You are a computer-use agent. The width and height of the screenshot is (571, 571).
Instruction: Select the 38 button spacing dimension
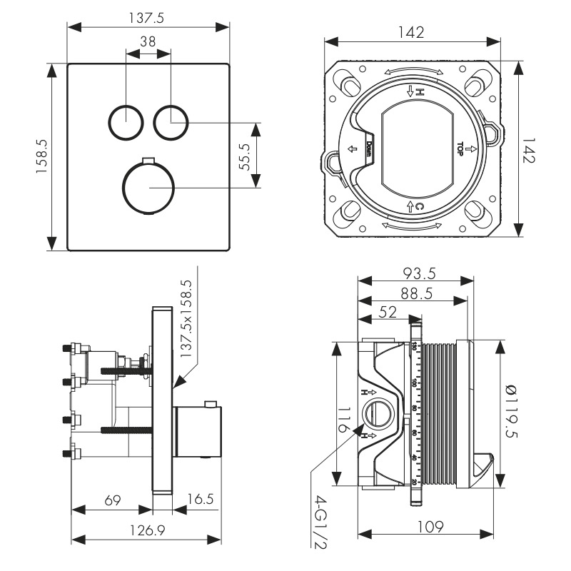148,42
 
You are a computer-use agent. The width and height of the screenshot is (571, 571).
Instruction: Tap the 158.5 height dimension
42,158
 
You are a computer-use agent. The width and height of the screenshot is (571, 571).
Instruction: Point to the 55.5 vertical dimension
245,156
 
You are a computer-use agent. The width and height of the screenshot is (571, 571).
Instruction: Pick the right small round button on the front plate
171,122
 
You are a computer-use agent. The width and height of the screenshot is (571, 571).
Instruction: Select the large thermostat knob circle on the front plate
148,188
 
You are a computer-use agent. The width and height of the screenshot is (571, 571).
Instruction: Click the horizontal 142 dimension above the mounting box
412,33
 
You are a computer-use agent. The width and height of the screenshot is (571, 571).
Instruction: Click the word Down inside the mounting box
369,148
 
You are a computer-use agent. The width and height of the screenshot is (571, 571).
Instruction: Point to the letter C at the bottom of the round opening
420,207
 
